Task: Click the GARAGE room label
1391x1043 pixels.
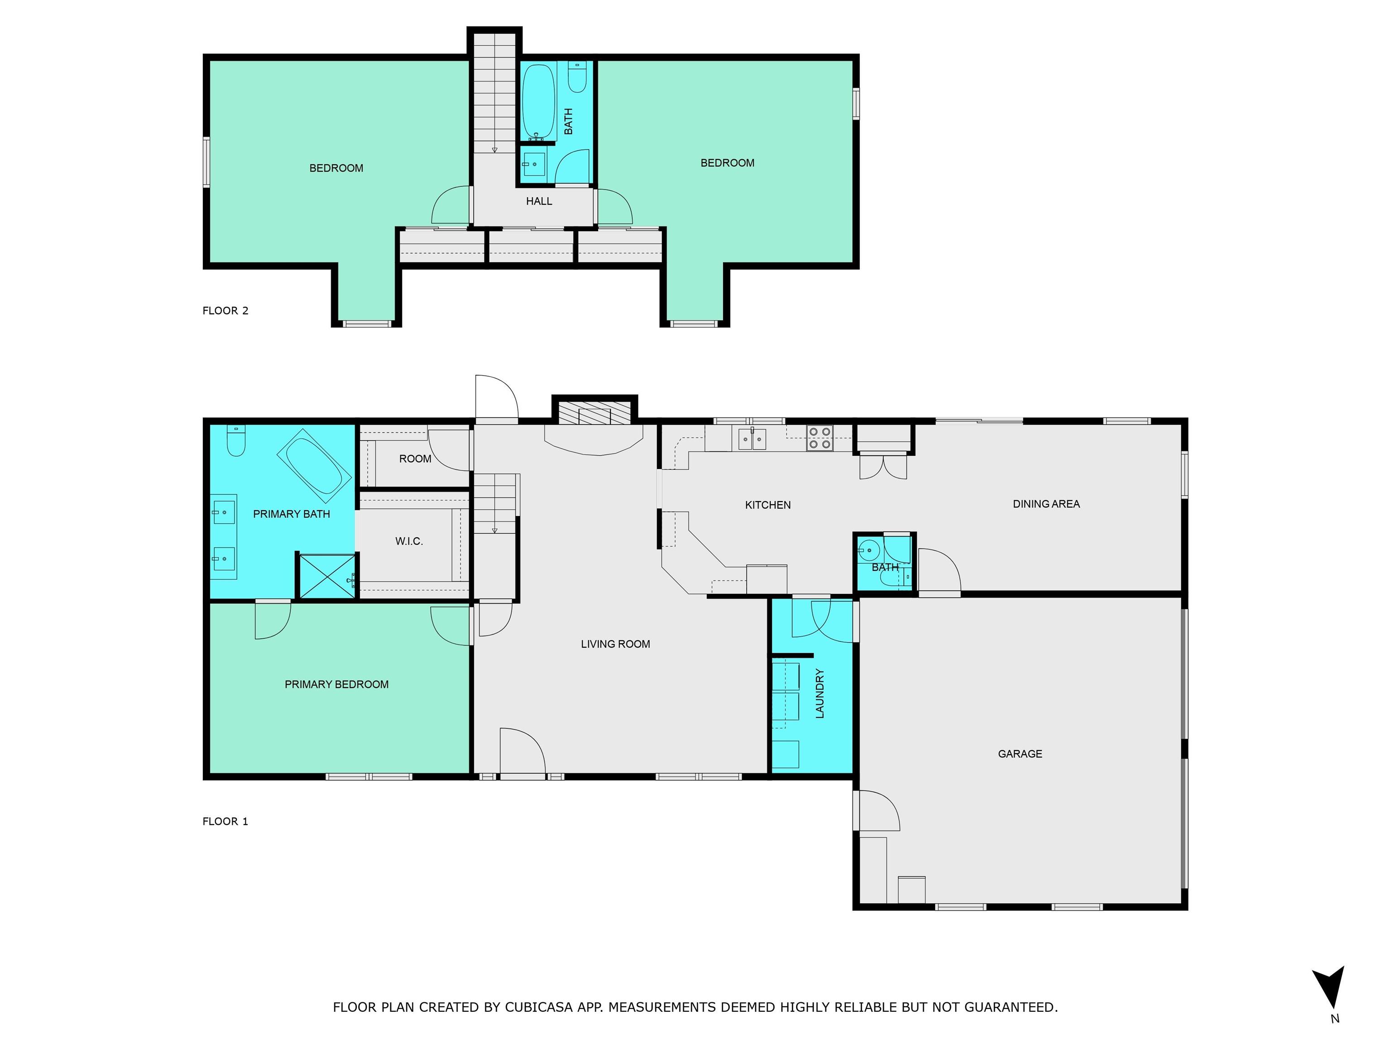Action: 1020,754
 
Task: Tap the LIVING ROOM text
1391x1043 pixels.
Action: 615,644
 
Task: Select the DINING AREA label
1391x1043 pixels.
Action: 1046,503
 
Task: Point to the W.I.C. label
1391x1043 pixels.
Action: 409,541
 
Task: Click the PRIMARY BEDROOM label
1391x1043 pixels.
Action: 336,684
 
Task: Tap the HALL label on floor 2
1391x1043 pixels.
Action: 539,201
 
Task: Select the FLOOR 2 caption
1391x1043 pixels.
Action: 225,311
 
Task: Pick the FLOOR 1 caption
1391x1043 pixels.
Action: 225,821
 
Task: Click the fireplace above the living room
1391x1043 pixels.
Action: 594,415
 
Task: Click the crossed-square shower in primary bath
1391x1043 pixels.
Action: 326,576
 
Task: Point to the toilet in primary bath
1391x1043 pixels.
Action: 236,440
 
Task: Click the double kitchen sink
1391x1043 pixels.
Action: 752,438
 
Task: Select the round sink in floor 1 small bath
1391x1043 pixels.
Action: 868,550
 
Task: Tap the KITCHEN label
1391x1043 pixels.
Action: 768,505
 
